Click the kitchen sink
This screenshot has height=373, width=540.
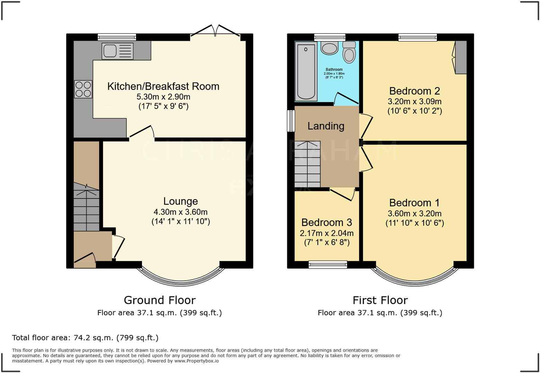coord(117,51)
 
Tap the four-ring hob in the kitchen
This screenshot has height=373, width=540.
coord(83,89)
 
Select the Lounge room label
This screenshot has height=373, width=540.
coord(180,201)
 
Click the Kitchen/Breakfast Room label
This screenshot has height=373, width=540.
coord(163,86)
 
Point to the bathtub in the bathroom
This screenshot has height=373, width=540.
coord(306,72)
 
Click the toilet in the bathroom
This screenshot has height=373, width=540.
coord(349,53)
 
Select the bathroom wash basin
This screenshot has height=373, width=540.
coord(329,48)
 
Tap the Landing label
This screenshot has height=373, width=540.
coord(326,126)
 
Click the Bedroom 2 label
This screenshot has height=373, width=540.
coord(414,91)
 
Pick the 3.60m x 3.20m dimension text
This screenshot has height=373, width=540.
coord(414,214)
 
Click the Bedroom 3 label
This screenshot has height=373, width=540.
coord(326,222)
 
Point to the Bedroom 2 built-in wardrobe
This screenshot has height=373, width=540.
coord(460,57)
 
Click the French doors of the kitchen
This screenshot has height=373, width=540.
coord(215,31)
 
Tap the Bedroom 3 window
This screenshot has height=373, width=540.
coord(327,264)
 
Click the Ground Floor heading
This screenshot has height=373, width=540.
coord(160,300)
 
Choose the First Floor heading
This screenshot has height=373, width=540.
coord(380,300)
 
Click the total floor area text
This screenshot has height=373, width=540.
coord(85,338)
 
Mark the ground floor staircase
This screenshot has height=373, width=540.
coord(86,207)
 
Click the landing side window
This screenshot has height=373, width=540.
coord(291,121)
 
